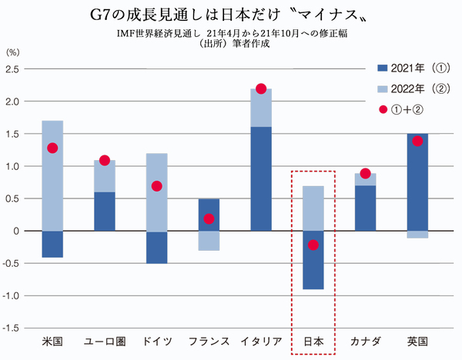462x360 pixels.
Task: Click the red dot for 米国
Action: click(x=52, y=148)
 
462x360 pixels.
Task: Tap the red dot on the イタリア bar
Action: click(x=261, y=88)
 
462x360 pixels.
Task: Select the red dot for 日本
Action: click(x=313, y=245)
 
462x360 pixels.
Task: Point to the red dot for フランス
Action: click(x=209, y=218)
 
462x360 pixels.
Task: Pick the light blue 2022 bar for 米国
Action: click(x=52, y=175)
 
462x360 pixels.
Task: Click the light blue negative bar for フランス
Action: click(x=209, y=240)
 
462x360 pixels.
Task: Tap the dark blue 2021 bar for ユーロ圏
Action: click(x=105, y=211)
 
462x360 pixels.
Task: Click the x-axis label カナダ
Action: click(x=366, y=340)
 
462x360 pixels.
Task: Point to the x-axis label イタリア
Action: click(x=261, y=340)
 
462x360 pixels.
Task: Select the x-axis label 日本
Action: click(x=313, y=340)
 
